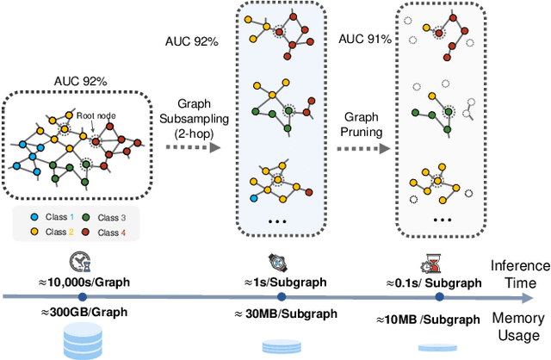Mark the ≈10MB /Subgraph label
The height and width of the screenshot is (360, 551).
coord(429,320)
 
